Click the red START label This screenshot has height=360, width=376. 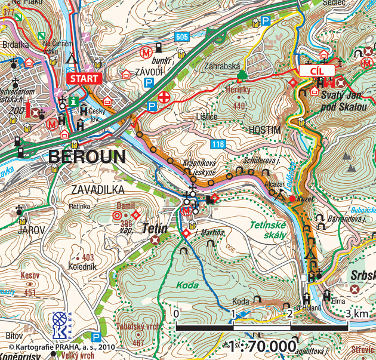pos(84,78)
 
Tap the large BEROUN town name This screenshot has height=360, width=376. pos(87,157)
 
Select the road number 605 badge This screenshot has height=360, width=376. pos(183,37)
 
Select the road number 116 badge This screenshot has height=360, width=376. pos(218,144)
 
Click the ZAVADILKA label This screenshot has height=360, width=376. pos(97,190)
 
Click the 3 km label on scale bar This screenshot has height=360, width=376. pos(356,313)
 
